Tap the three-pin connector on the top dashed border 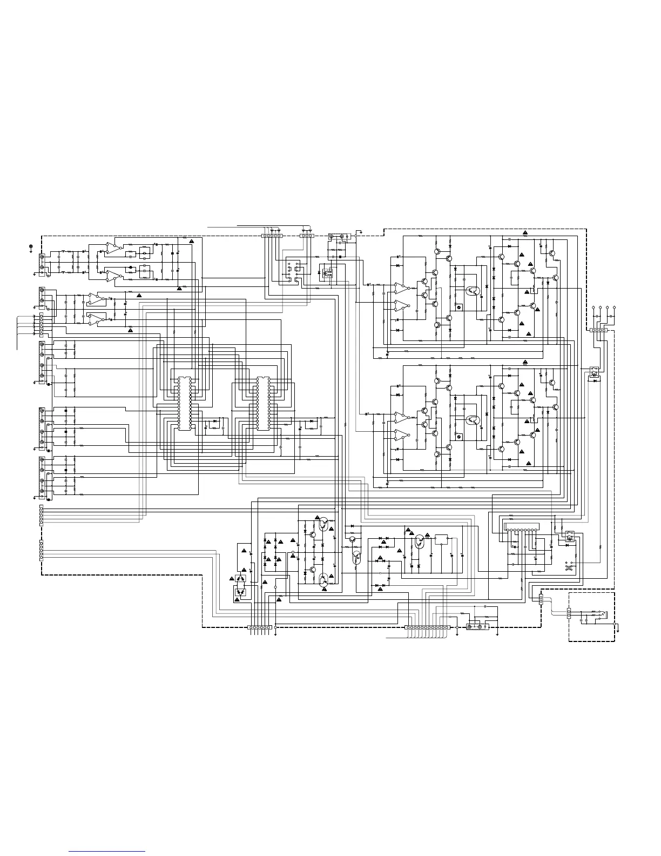coord(306,236)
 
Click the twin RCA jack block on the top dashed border coord(339,236)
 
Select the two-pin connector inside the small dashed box coord(569,613)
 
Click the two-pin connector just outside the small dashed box coord(541,599)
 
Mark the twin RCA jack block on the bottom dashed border coord(477,627)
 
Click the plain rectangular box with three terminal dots coord(442,539)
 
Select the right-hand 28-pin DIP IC coord(264,403)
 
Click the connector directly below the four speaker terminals coord(599,331)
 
